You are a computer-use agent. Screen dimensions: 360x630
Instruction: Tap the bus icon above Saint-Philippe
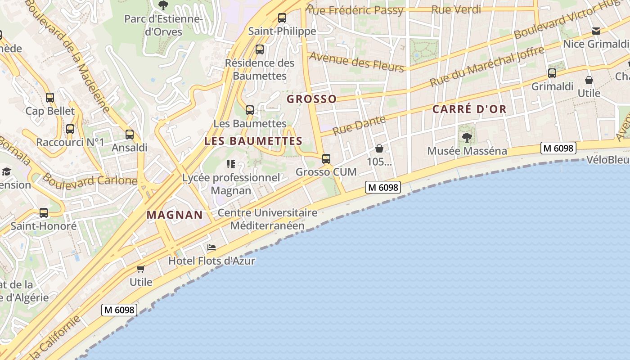coord(282,18)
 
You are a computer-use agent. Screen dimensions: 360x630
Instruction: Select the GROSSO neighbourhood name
coord(311,99)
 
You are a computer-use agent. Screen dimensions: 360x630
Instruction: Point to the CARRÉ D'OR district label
coord(469,109)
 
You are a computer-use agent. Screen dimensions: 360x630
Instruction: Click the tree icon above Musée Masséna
coord(467,137)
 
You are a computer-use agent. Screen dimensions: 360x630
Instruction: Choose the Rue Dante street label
coord(359,125)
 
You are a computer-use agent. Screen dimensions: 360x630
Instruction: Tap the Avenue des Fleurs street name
coord(356,62)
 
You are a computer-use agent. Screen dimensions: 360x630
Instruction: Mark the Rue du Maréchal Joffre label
coord(487,66)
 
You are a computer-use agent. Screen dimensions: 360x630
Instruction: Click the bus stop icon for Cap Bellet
coord(50,97)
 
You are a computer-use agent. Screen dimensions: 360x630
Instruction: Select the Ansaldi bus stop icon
coord(130,134)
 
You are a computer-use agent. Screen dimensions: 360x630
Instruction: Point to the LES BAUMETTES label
coord(253,141)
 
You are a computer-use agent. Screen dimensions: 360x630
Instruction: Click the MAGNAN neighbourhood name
coord(175,215)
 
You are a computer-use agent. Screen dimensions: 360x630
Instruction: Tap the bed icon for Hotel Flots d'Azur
coord(211,247)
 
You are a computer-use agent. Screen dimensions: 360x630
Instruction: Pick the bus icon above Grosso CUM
coord(326,158)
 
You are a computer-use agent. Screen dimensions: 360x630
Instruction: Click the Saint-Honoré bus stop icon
coord(44,212)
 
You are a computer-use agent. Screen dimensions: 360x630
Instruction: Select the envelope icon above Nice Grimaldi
coord(596,31)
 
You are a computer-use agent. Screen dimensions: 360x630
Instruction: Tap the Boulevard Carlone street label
coord(90,180)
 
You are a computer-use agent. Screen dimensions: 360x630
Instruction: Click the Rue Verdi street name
coord(456,9)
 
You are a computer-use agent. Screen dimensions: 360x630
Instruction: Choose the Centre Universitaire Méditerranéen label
coord(267,219)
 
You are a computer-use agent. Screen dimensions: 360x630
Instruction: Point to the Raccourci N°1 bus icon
coord(70,129)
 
